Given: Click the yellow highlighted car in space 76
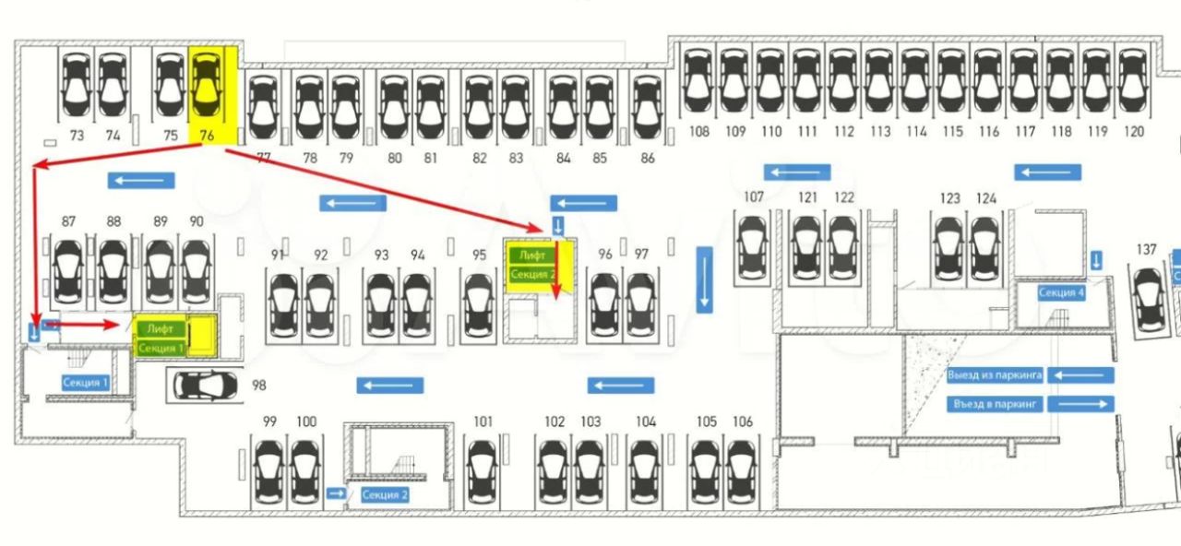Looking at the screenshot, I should click(207, 88).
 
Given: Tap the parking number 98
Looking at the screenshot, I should click(258, 385).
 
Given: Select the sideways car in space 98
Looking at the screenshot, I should click(204, 385).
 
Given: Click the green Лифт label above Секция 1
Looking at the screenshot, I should click(161, 328).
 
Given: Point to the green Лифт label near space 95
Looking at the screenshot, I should click(532, 255).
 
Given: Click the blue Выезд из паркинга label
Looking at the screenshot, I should click(995, 375).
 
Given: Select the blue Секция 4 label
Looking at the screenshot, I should click(1061, 293).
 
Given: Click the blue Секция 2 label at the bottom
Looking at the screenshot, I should click(385, 494).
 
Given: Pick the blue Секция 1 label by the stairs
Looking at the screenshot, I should click(86, 382).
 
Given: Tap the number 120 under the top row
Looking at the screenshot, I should click(1133, 132).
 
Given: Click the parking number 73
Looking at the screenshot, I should click(77, 136).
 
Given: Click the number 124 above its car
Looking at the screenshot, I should click(986, 198).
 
